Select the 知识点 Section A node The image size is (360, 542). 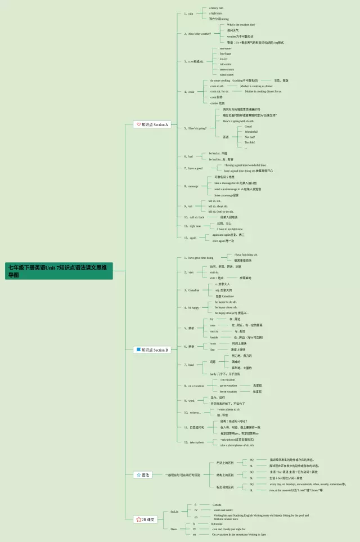[152, 124]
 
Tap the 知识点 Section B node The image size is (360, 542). [152, 350]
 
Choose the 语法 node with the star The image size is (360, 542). [143, 475]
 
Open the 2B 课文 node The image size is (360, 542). [146, 519]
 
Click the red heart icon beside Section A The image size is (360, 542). [138, 124]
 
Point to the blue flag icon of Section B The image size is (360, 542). [138, 350]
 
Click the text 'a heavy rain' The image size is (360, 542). [216, 8]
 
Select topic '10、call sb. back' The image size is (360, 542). [193, 217]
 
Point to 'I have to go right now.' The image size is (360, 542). [230, 229]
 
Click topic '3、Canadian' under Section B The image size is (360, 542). [193, 290]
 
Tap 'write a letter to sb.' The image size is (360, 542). [228, 409]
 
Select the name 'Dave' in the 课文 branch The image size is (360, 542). [174, 529]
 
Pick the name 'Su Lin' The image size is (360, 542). [174, 511]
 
